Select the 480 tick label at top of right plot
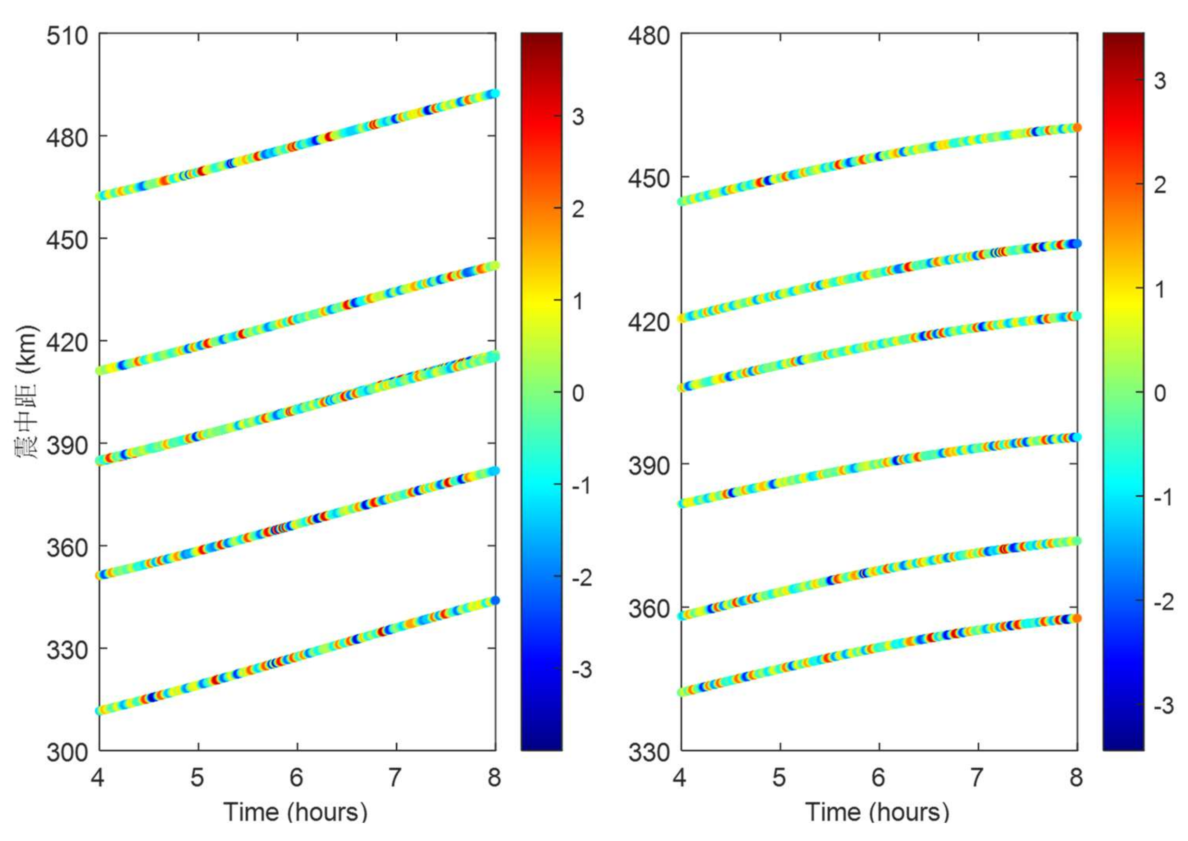648,36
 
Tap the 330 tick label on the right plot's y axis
648,752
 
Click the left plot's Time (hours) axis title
295,812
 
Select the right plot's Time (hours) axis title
877,812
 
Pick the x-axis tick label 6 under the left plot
297,778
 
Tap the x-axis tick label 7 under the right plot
977,778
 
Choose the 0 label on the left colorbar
578,393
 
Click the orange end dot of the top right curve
1077,128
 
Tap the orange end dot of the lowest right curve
1077,618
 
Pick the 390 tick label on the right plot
648,465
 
